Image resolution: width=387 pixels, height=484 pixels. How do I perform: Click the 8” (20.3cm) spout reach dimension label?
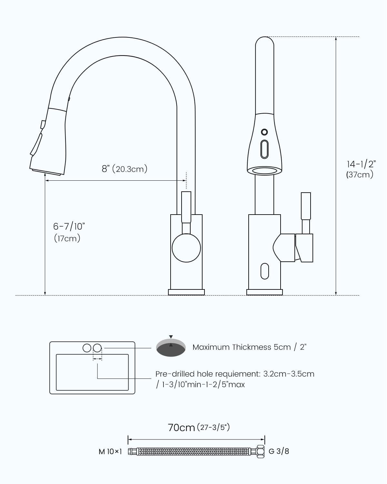[x=124, y=169]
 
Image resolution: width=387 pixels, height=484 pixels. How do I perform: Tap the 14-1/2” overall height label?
[x=361, y=164]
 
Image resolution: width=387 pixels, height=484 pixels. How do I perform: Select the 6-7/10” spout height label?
[x=69, y=226]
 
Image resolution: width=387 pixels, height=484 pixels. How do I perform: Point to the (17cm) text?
[x=67, y=238]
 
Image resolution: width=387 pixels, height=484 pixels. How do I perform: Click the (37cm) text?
[x=360, y=175]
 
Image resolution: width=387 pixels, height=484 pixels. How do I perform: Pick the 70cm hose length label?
[x=181, y=428]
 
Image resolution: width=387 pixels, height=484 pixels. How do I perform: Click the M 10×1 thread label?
[x=110, y=451]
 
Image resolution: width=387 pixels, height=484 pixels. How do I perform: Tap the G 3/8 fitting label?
[x=279, y=451]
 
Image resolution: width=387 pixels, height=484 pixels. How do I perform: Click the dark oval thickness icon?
[x=171, y=348]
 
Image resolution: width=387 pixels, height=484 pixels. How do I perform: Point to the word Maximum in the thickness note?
[x=207, y=347]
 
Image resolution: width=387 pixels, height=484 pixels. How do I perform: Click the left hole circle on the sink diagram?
[x=87, y=348]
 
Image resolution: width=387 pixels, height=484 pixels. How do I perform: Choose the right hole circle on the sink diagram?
[x=97, y=348]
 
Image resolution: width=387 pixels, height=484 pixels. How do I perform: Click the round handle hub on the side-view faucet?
[x=186, y=248]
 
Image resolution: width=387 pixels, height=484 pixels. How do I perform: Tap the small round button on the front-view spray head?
[x=264, y=132]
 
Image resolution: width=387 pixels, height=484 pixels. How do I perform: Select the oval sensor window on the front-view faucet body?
[x=264, y=271]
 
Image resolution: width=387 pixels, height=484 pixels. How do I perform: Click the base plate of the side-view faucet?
[x=186, y=292]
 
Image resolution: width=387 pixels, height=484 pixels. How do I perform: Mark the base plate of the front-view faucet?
[x=264, y=292]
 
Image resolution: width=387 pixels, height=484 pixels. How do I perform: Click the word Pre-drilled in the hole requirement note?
[x=175, y=374]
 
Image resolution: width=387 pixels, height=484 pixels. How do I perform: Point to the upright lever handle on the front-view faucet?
[x=306, y=207]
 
